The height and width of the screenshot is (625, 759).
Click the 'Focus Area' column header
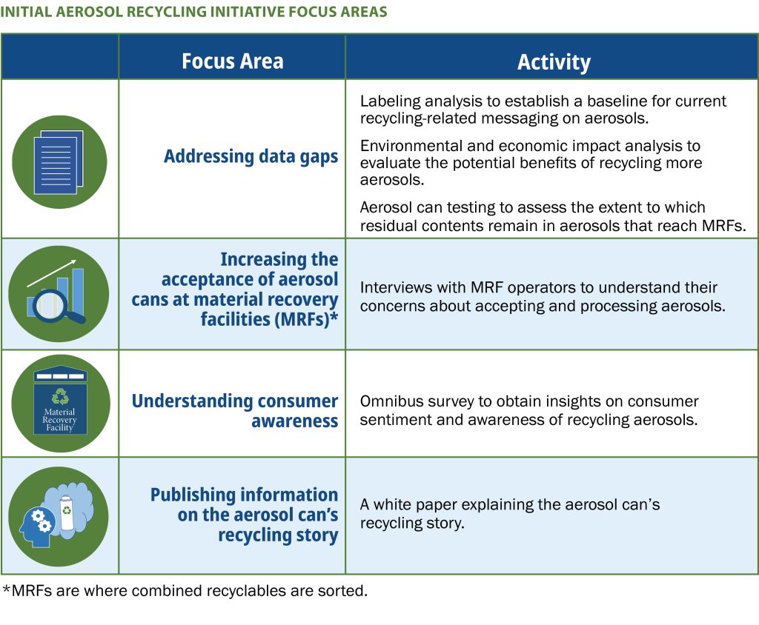[232, 61]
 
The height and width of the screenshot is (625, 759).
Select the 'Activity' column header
[554, 62]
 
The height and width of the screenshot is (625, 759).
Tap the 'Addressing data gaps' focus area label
[251, 157]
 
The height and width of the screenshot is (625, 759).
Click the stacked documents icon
[59, 162]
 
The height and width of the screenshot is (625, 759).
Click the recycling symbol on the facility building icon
[60, 396]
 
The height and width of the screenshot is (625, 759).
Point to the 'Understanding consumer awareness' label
[235, 411]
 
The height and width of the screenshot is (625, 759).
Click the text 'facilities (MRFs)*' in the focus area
[269, 319]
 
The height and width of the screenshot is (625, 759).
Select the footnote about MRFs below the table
[185, 591]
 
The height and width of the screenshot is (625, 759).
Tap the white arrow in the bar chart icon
[52, 273]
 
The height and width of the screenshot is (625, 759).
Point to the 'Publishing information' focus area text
[244, 495]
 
